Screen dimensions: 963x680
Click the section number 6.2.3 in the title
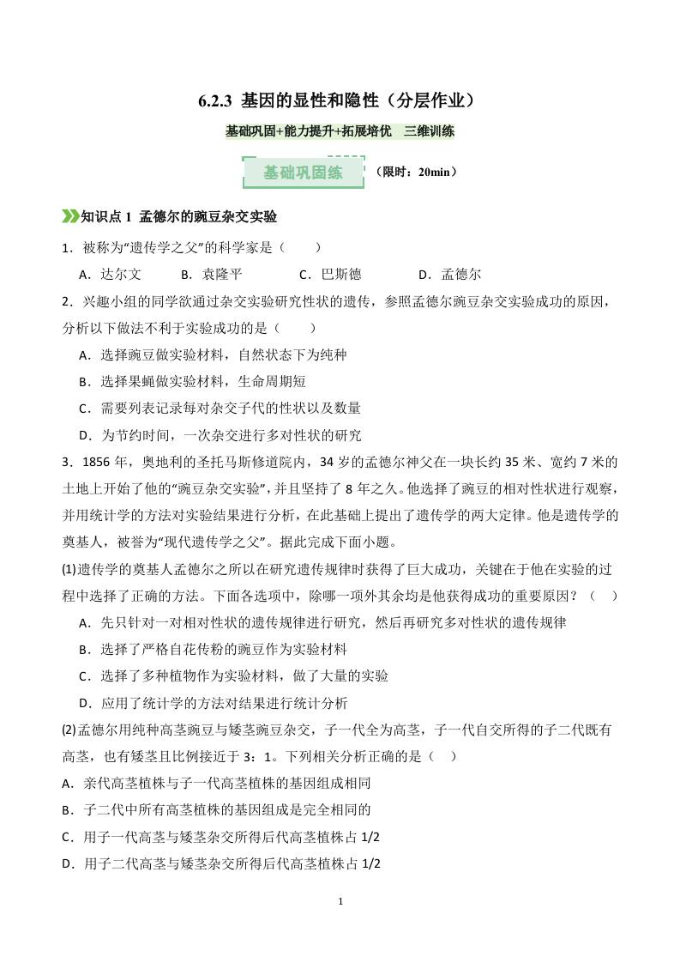(218, 101)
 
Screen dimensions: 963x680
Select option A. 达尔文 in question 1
(111, 275)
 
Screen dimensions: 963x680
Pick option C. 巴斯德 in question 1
(330, 275)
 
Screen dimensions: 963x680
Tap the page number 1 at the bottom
(340, 902)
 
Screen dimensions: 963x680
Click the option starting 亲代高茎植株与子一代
(216, 784)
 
